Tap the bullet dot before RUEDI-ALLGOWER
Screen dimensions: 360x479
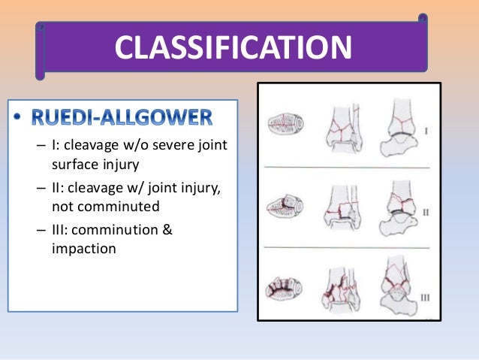point(19,119)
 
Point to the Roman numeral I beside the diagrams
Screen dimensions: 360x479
point(426,131)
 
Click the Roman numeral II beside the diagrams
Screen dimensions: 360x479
point(425,213)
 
